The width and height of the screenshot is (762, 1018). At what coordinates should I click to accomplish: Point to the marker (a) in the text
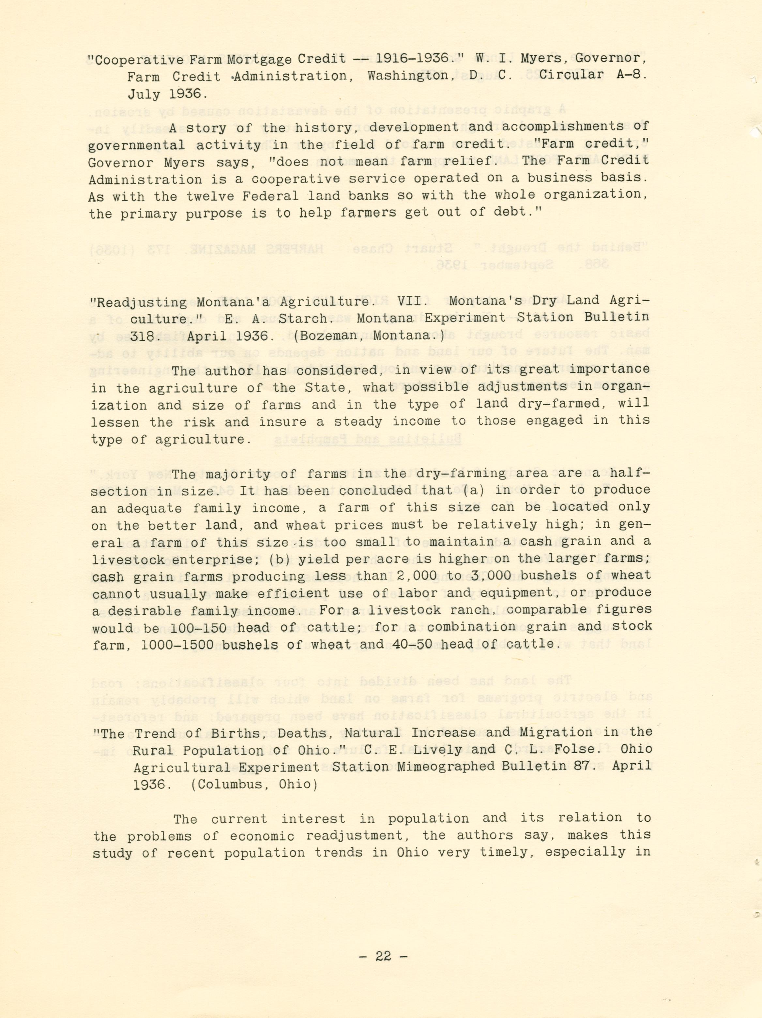[x=475, y=490]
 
